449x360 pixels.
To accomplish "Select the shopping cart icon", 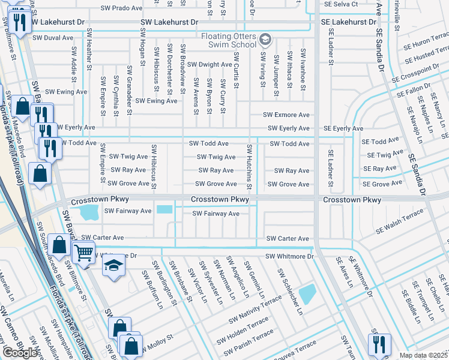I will [x=83, y=253].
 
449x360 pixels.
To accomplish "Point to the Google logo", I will [x=20, y=353].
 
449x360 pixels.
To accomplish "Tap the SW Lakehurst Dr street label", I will [x=169, y=23].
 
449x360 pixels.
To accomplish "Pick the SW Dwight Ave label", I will [x=209, y=65].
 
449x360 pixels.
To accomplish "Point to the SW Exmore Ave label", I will [x=289, y=115].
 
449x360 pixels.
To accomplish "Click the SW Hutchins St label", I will [x=249, y=165].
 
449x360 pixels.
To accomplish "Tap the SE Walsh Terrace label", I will [x=399, y=222].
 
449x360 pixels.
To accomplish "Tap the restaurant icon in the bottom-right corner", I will [x=379, y=344].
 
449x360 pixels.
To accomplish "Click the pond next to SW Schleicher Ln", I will [x=307, y=293].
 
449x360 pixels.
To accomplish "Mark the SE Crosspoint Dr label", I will [x=420, y=75].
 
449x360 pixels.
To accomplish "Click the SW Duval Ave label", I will [x=50, y=37].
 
